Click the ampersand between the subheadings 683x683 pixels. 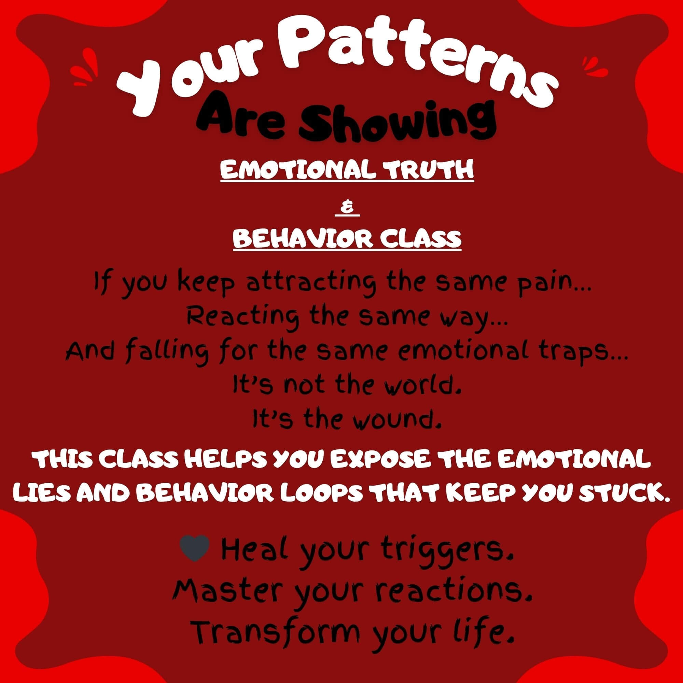(x=347, y=209)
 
